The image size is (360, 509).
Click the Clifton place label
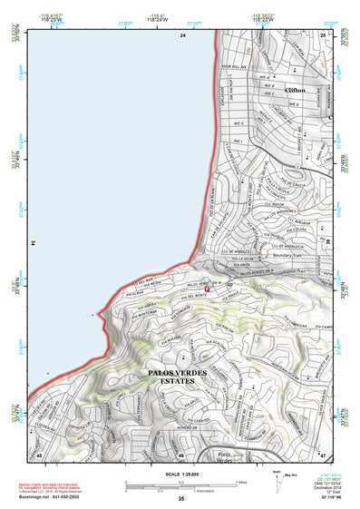point(296,91)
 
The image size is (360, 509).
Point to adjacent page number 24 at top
point(181,34)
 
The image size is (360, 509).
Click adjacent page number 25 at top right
point(324,34)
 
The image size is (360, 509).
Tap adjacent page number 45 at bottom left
point(39,454)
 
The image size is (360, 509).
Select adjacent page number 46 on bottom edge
point(181,455)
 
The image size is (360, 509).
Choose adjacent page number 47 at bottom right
point(324,454)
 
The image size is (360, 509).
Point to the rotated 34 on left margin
point(34,243)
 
